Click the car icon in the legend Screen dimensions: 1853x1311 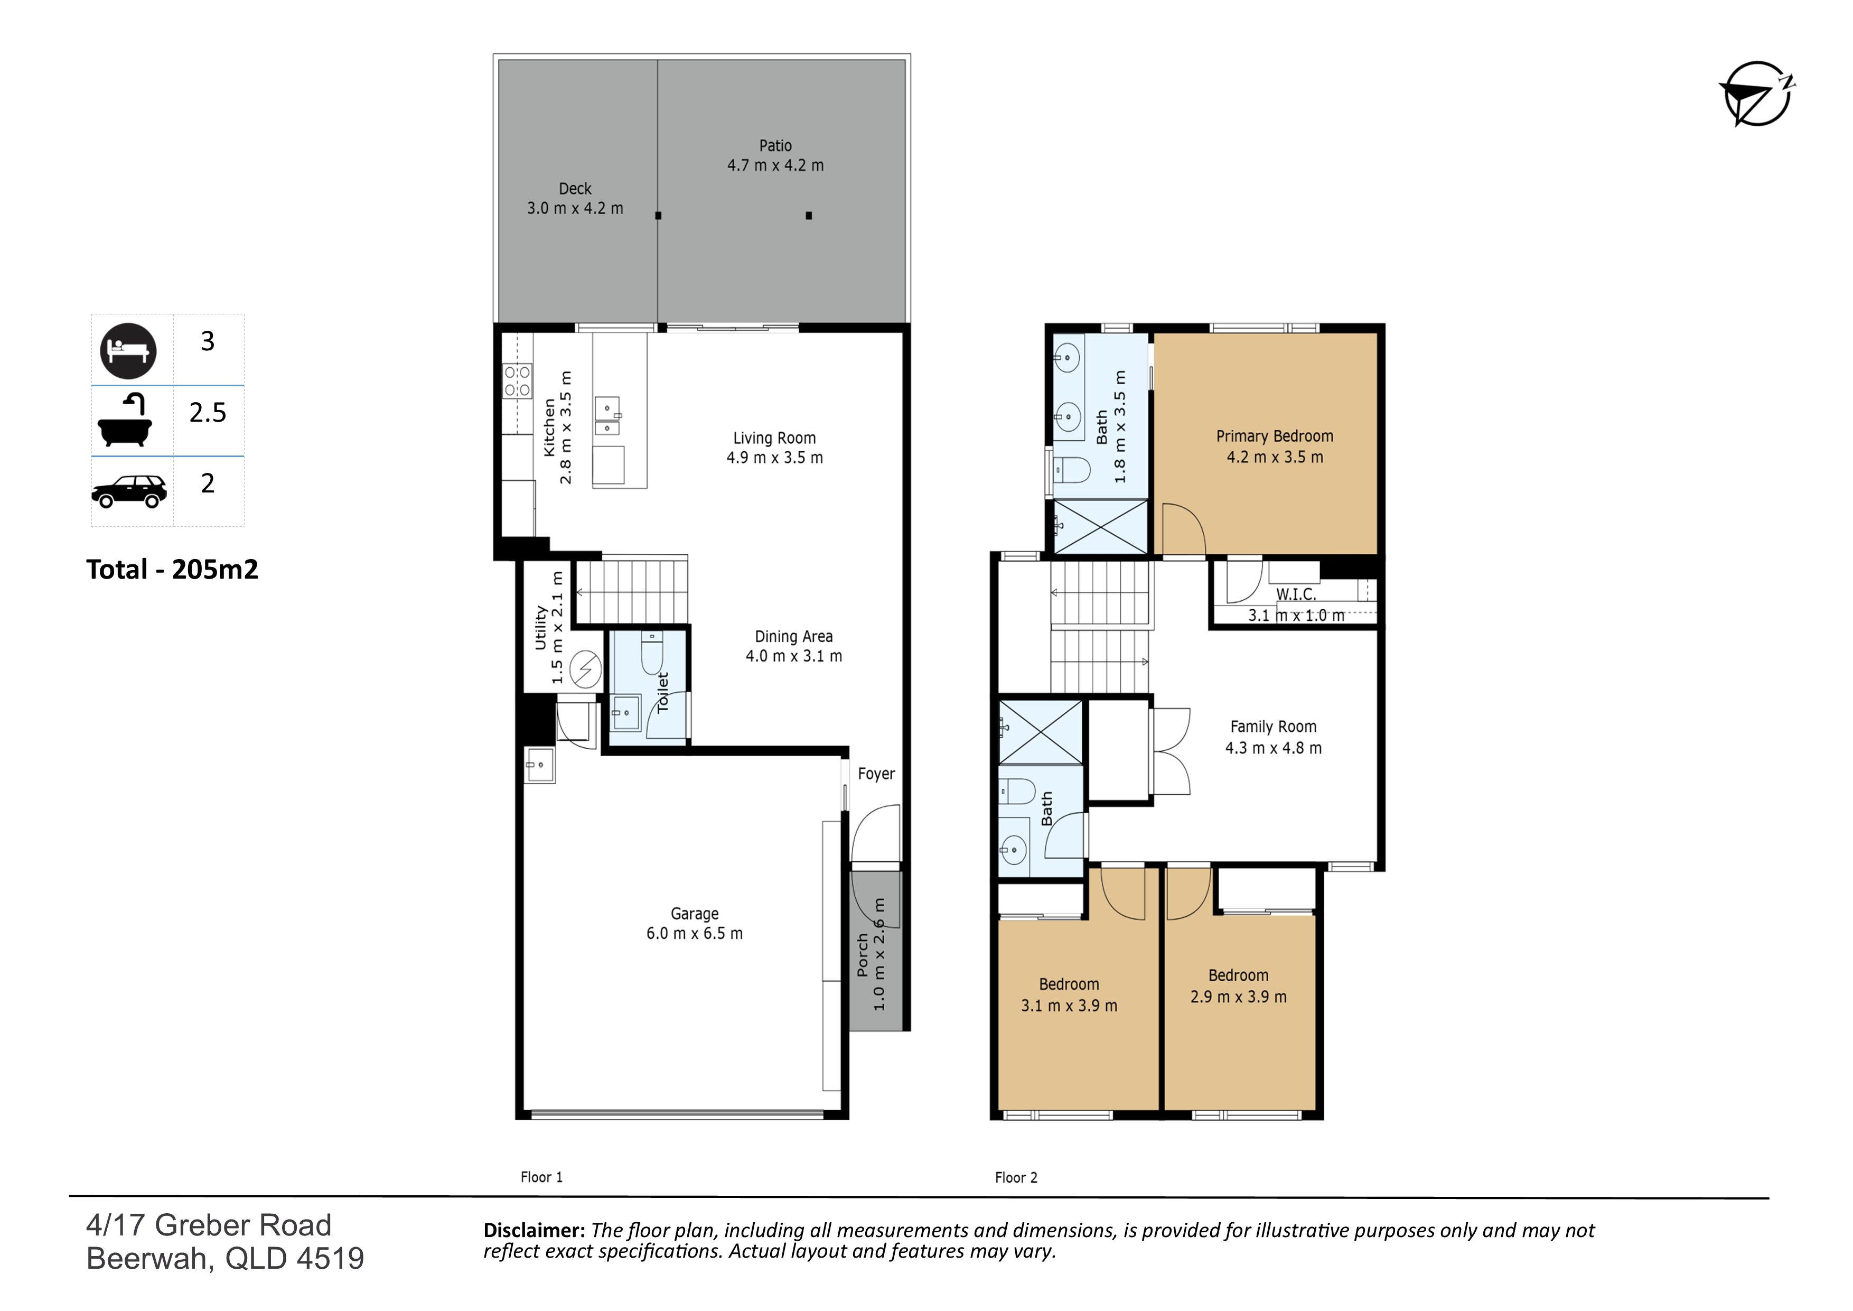[129, 491]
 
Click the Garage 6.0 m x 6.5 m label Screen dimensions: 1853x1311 [695, 924]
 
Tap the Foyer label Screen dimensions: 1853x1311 [876, 774]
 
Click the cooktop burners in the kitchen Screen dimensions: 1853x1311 [517, 381]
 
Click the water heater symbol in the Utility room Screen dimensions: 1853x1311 [586, 668]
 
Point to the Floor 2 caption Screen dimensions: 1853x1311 [1016, 1178]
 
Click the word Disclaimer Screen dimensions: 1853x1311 [534, 1230]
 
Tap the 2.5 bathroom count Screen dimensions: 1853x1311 [208, 413]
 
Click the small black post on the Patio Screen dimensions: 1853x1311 [809, 216]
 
